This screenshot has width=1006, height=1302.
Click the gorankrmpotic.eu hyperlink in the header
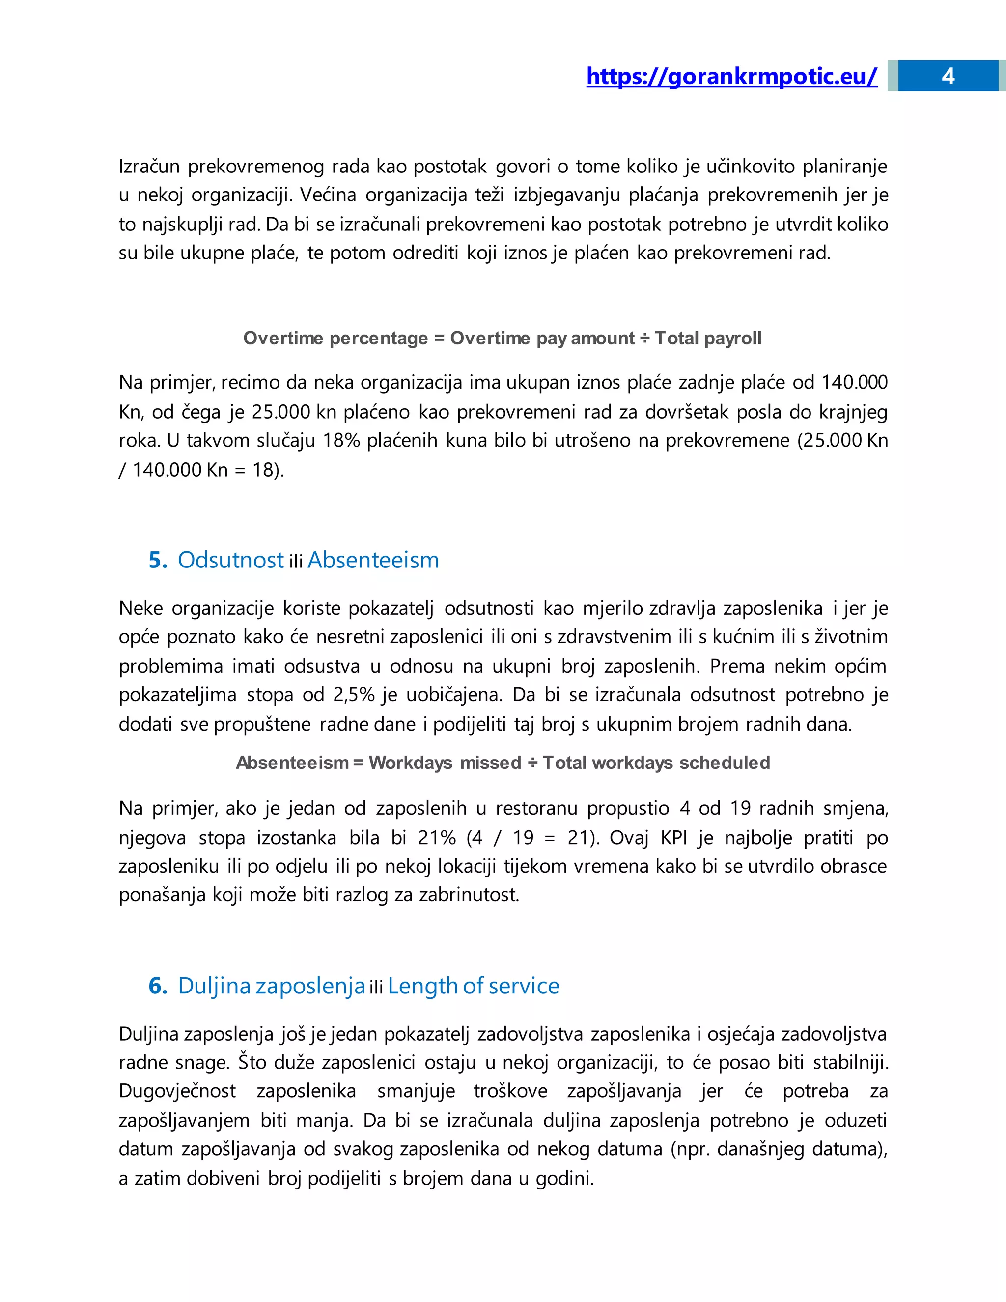click(731, 76)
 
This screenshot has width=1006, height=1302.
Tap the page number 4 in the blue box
click(948, 76)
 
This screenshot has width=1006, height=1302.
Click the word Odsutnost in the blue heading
click(230, 561)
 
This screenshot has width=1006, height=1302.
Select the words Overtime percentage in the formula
click(335, 339)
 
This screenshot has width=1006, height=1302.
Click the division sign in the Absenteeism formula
click(531, 763)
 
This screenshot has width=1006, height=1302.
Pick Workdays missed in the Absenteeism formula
click(445, 763)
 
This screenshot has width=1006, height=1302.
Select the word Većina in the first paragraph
click(327, 196)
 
